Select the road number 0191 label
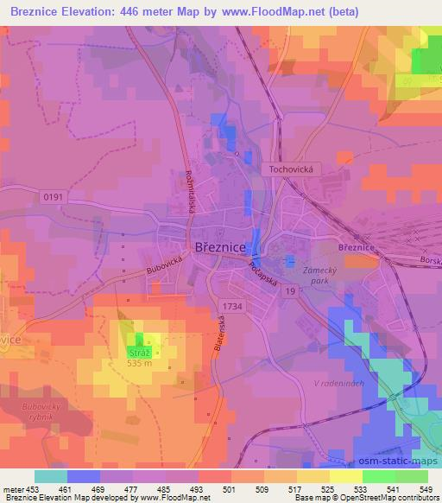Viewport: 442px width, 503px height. pyautogui.click(x=52, y=198)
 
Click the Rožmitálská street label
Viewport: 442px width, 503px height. pyautogui.click(x=189, y=189)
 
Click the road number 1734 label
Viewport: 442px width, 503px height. pyautogui.click(x=230, y=306)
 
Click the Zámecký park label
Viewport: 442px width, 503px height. pyautogui.click(x=317, y=274)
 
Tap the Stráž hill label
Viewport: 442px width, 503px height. pyautogui.click(x=140, y=353)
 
